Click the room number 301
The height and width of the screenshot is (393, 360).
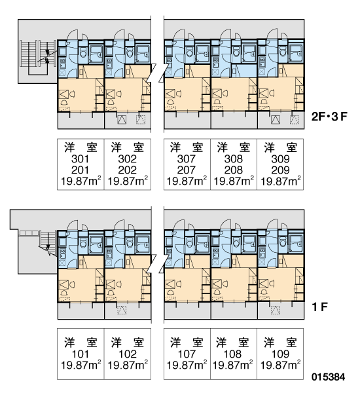80,159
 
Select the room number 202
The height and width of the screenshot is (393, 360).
127,170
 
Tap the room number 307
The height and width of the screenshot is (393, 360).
186,159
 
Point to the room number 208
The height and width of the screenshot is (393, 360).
234,170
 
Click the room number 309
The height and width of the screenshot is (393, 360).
280,159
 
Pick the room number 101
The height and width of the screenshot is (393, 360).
80,354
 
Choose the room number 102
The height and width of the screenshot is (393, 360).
128,354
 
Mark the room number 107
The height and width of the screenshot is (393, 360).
187,354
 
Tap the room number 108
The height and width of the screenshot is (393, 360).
233,354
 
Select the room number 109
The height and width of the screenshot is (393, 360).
280,354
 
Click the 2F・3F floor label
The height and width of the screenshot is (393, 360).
329,117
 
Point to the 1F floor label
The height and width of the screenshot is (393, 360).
320,307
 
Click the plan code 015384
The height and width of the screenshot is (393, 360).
328,377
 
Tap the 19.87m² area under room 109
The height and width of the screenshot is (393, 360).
280,365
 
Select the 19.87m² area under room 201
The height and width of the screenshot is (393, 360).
81,181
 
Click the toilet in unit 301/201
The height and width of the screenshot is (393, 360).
83,52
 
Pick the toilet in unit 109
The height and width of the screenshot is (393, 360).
283,242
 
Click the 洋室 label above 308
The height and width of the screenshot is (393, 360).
234,147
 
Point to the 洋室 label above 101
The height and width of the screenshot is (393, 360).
81,343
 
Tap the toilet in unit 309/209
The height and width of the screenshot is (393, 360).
283,52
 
